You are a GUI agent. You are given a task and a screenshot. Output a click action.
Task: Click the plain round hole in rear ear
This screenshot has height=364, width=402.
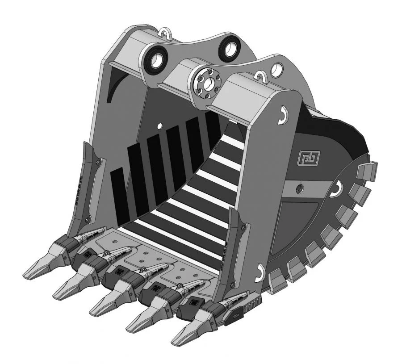pos(277,68)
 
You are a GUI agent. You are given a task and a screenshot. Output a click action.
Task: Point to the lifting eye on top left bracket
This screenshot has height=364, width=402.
pos(165,33)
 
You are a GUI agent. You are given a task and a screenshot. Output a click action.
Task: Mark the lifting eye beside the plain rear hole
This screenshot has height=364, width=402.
pos(261,76)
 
